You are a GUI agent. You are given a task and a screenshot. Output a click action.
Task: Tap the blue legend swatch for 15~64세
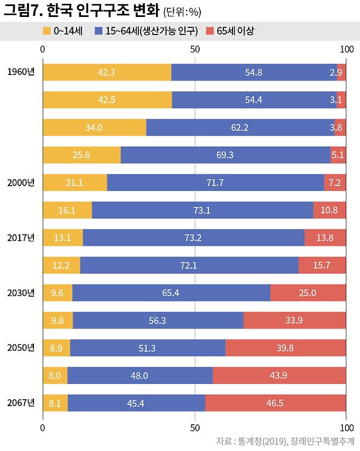98,31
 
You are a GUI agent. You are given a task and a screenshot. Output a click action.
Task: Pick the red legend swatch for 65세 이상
210,31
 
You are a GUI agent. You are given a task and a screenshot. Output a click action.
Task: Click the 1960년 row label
21,72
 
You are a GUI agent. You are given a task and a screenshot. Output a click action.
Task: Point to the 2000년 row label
21,182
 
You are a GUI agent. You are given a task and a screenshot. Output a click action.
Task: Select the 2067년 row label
21,403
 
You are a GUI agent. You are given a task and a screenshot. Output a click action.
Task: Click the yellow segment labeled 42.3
107,72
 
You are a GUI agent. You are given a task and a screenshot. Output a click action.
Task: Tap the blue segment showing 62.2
240,128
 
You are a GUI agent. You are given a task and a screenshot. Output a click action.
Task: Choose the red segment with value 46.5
275,403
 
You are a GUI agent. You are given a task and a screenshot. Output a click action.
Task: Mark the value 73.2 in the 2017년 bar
193,238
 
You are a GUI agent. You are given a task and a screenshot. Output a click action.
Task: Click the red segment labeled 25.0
307,293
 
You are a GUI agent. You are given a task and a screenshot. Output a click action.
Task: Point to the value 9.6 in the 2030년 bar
57,293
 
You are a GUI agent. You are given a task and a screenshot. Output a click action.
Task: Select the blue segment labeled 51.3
147,348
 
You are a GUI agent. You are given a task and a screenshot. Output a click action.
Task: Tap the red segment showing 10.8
329,210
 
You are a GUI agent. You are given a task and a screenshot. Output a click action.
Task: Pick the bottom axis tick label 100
346,427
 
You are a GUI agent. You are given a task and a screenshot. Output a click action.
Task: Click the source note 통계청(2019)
260,441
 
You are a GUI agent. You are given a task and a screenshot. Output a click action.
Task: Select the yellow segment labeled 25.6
81,155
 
